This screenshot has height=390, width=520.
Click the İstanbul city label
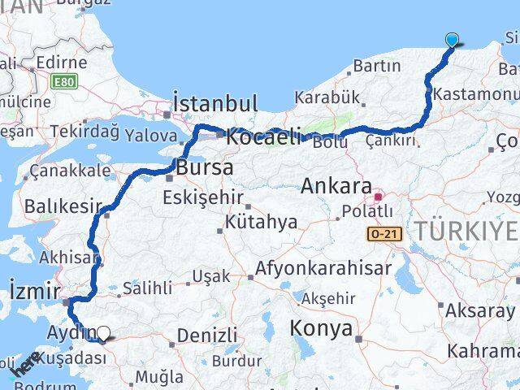pos(215,104)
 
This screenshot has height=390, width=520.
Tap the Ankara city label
pos(336,185)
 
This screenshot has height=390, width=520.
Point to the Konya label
pos(323,329)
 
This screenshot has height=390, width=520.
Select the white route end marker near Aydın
pos(104,332)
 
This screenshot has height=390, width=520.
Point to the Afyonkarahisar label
pos(323,267)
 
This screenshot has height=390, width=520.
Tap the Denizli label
pos(206,335)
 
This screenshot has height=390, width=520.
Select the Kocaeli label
pos(263,137)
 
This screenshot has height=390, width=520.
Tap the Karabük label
pos(327,97)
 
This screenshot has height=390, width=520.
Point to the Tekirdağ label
pos(84,131)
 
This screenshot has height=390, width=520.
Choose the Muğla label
pos(159,377)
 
